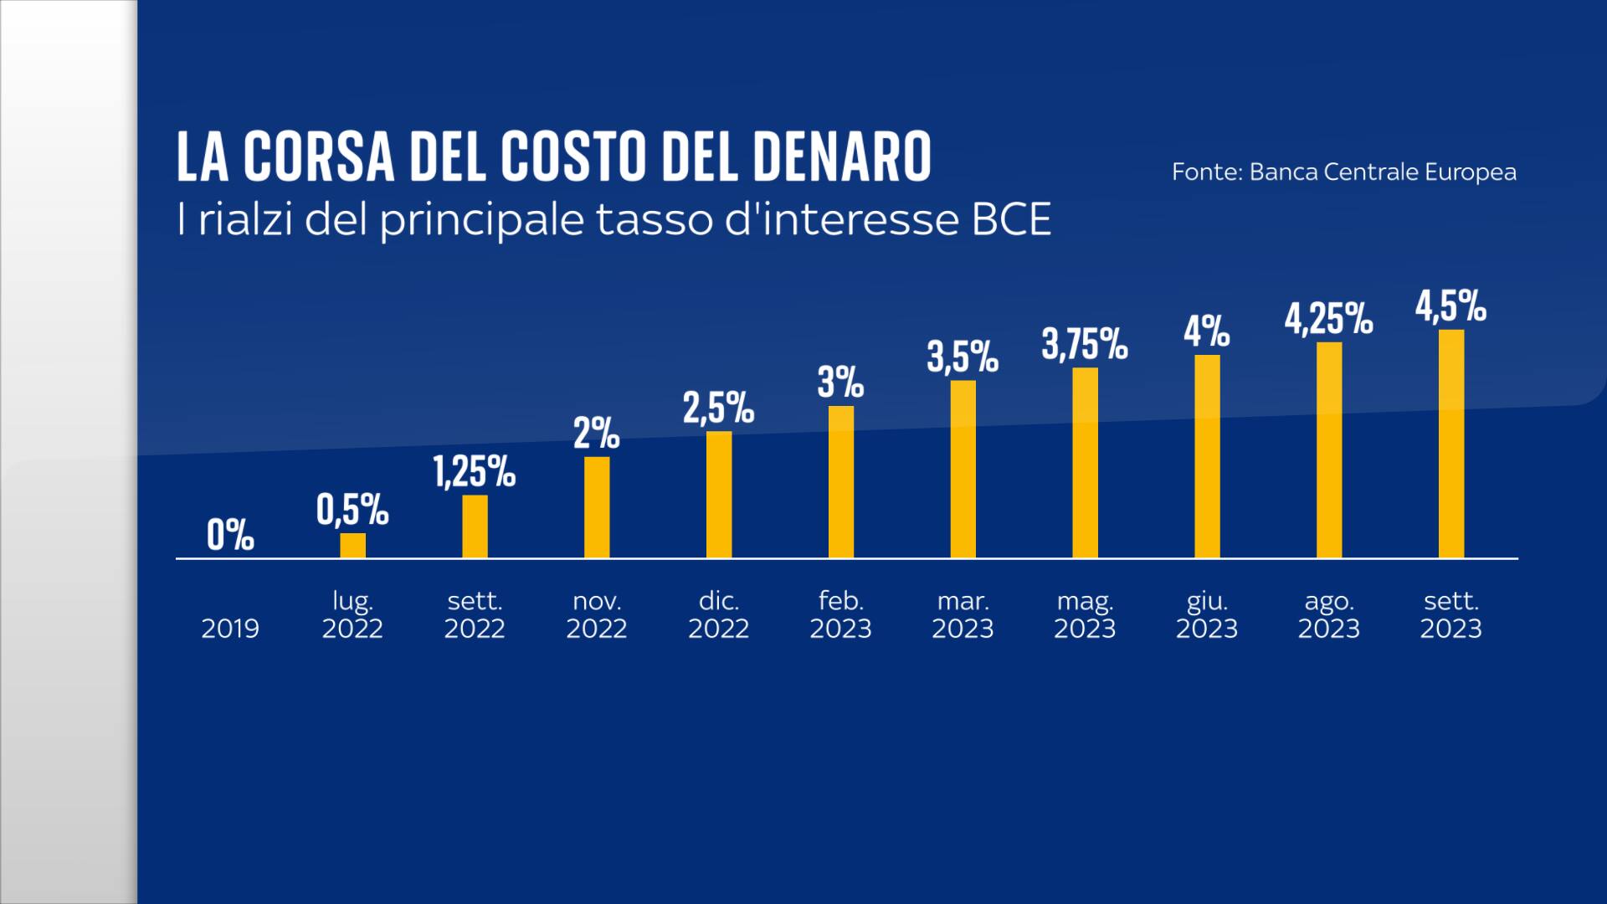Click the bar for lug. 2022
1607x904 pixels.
click(x=352, y=545)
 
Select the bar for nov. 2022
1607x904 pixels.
click(x=597, y=507)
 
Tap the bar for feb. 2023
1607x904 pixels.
click(x=841, y=482)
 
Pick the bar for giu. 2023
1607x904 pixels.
click(x=1207, y=456)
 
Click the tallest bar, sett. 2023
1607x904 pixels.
click(x=1451, y=444)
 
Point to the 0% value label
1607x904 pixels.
click(x=230, y=535)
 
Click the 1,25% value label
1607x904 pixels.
click(x=474, y=472)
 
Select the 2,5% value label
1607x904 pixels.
click(x=718, y=408)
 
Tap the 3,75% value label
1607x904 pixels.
click(x=1085, y=345)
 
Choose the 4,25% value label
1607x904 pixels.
click(x=1328, y=320)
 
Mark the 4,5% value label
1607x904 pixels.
click(x=1450, y=307)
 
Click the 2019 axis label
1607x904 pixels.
click(x=230, y=628)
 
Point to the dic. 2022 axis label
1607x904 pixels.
click(x=718, y=614)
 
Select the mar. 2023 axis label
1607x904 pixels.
click(x=963, y=614)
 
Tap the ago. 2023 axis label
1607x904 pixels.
click(x=1328, y=614)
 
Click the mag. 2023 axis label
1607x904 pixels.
click(x=1085, y=614)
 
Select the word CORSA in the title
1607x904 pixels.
click(x=319, y=157)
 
